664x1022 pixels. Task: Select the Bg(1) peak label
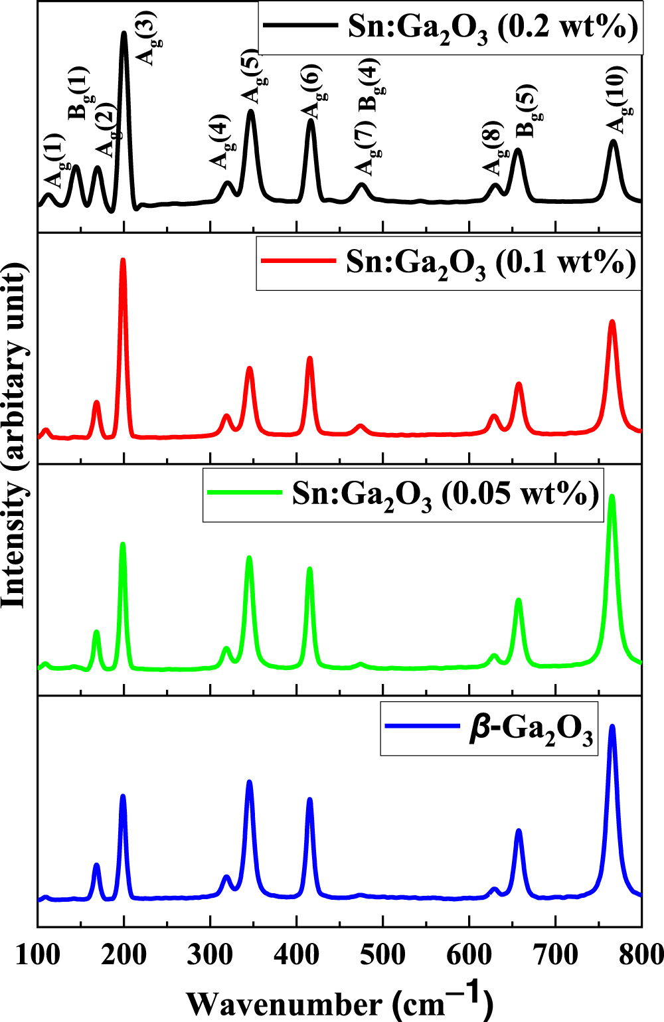(x=79, y=93)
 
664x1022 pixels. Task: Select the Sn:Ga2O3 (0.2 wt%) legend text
(x=492, y=29)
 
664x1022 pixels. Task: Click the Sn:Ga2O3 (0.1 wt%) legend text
(x=491, y=264)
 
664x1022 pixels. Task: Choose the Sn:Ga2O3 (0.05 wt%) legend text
(x=446, y=495)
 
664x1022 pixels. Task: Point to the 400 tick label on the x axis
(x=296, y=954)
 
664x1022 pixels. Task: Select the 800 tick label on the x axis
(x=641, y=954)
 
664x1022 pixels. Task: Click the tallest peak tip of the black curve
(x=124, y=33)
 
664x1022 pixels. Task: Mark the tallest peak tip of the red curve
(x=123, y=260)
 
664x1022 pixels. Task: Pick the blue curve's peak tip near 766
(x=612, y=726)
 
